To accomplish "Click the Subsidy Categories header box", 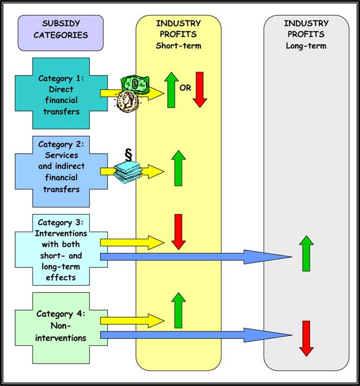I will click(60, 30).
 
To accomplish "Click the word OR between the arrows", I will click(185, 87).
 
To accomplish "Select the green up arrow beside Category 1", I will click(171, 89).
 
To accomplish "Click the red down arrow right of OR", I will click(200, 89).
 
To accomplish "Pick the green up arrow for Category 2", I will click(179, 168).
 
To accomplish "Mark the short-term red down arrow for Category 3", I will click(179, 231).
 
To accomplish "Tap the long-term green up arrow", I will click(306, 253).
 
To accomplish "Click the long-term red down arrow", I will click(306, 338).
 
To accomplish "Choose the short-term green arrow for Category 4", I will click(179, 310).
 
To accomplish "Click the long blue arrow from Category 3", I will click(195, 257).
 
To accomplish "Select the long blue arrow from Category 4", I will click(195, 336).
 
